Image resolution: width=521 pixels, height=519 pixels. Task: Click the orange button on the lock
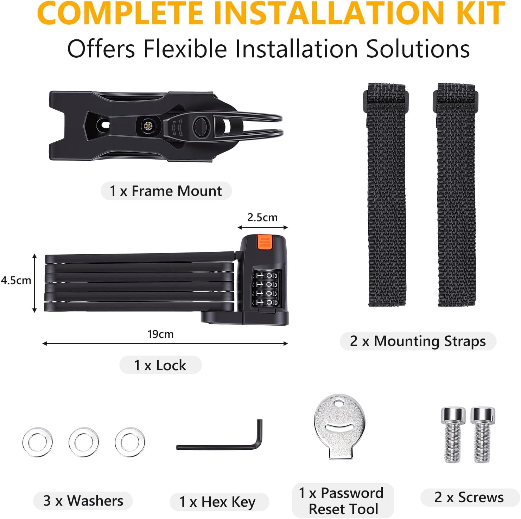click(x=265, y=242)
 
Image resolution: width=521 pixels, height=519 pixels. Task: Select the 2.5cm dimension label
click(x=262, y=218)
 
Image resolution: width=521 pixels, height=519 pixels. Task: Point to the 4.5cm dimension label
click(x=16, y=281)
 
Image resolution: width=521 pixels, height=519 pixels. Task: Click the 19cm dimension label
click(x=160, y=334)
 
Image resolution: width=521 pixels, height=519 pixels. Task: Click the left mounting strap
click(x=386, y=195)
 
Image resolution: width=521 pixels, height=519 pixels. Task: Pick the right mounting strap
click(x=456, y=195)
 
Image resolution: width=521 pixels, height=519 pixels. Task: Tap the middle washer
click(x=84, y=442)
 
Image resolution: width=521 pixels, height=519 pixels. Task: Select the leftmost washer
click(x=38, y=442)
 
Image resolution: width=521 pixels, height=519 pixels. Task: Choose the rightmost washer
click(x=130, y=442)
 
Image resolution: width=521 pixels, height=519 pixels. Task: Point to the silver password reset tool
click(x=339, y=425)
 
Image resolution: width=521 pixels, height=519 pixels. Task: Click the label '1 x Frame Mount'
click(x=166, y=191)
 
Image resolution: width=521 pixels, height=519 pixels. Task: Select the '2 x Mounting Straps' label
click(x=418, y=341)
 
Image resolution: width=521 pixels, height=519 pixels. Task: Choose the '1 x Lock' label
click(x=160, y=365)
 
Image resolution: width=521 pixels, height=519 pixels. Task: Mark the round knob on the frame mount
click(x=202, y=126)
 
